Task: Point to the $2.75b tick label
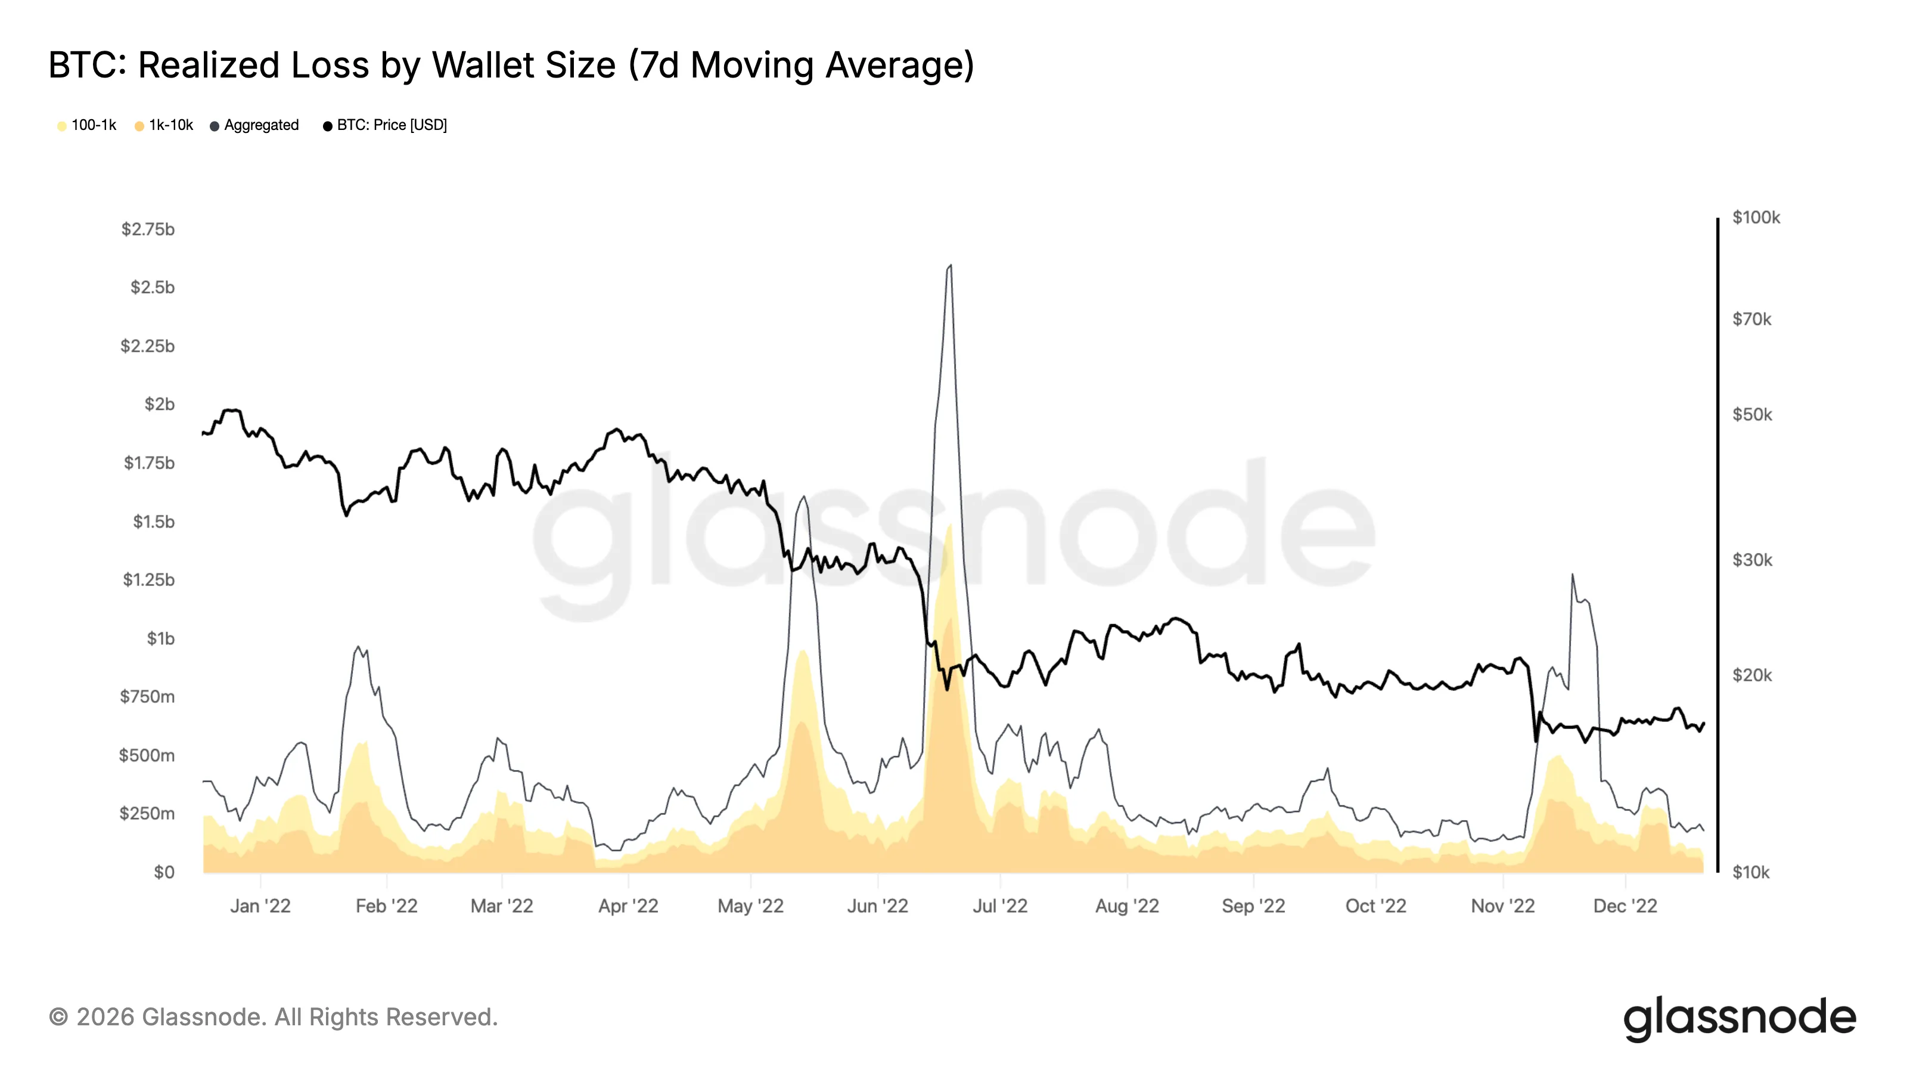point(147,230)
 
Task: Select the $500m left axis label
point(147,755)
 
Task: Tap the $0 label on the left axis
point(164,872)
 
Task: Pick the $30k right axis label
point(1751,560)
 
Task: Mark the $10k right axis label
point(1750,872)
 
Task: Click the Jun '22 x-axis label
point(877,905)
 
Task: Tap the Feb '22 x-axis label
point(386,905)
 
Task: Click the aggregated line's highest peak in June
point(950,266)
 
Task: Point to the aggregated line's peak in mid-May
point(804,497)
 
